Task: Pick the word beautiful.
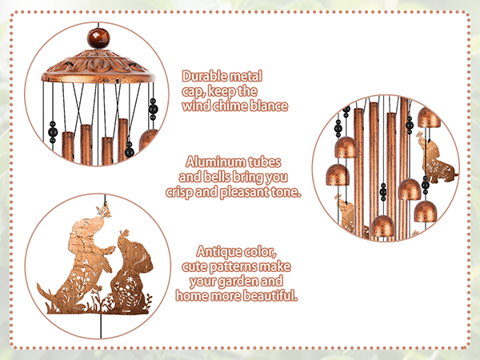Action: point(269,296)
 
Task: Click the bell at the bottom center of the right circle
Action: point(383,226)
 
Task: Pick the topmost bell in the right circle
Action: point(428,119)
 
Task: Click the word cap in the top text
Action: point(195,90)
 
